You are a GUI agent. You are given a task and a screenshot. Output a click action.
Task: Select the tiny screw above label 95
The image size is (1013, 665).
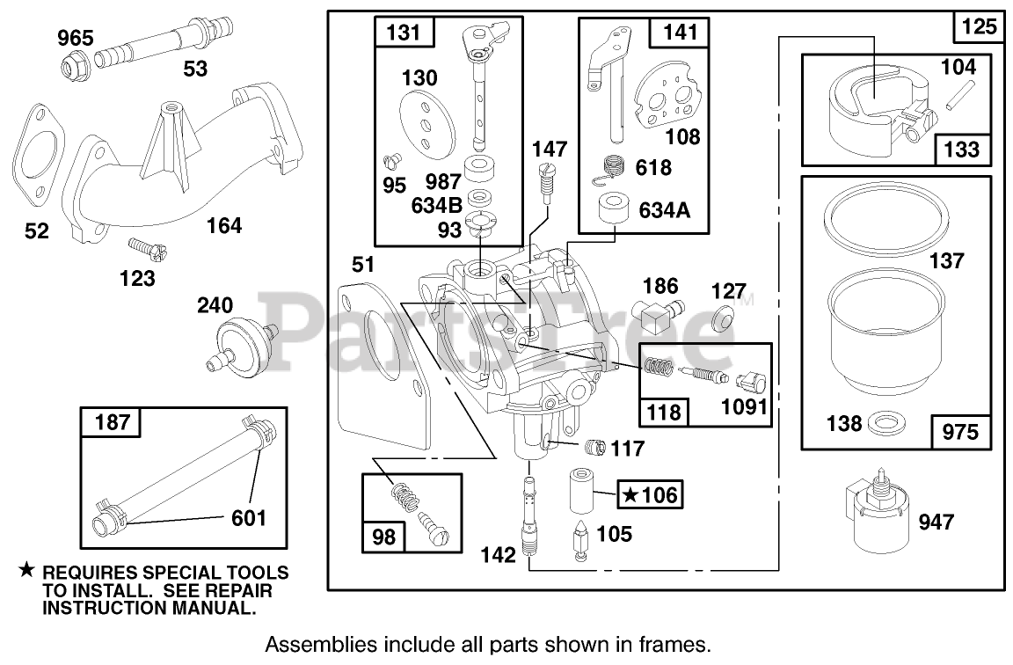click(x=392, y=160)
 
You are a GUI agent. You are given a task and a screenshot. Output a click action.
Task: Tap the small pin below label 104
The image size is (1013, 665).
click(x=951, y=95)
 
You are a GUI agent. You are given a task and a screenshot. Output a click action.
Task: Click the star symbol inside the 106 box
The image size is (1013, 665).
click(x=630, y=495)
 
